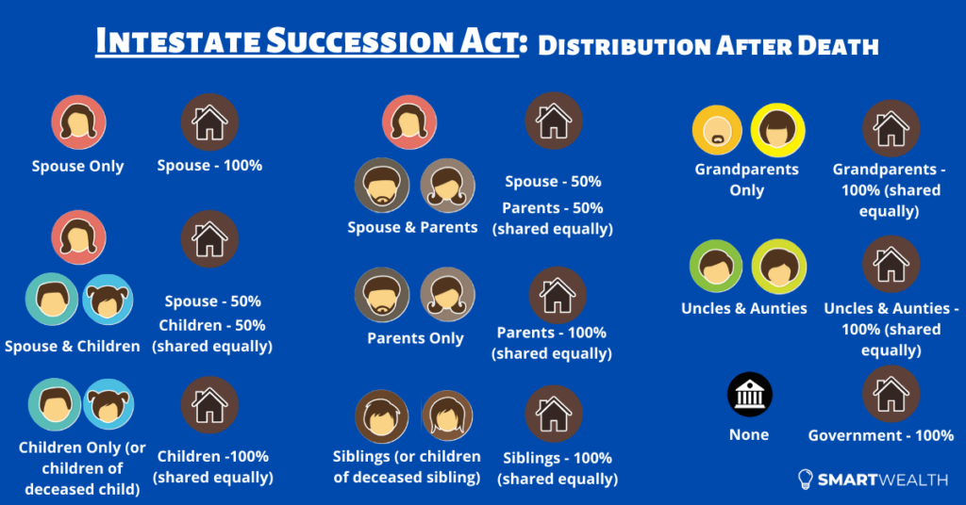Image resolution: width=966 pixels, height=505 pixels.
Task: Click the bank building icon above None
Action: coord(749,395)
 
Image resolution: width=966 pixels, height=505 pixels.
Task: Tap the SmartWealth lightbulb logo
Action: coord(806,480)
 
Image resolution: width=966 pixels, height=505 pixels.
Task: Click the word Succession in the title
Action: coord(391,41)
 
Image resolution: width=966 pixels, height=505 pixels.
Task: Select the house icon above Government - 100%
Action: coord(891,394)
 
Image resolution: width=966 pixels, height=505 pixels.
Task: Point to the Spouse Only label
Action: coord(77,166)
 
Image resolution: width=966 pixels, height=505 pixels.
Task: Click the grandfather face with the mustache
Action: coord(717,130)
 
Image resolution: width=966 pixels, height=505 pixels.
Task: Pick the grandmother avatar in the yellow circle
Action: coord(777,130)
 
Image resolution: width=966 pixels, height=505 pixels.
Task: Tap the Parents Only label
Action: coord(415,338)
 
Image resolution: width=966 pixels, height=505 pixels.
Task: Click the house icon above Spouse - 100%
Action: coord(209,122)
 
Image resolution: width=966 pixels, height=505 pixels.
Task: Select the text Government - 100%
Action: coord(881,435)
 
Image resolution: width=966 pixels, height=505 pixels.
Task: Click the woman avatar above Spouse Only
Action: coord(78,122)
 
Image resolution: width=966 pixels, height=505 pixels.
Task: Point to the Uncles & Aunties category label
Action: coord(744,308)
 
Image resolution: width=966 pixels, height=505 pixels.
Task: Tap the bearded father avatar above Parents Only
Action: coord(382,295)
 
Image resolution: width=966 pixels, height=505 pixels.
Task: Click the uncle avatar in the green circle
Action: coord(716,267)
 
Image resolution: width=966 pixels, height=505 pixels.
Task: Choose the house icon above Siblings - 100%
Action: coord(553,414)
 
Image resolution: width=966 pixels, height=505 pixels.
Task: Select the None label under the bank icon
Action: coord(749,435)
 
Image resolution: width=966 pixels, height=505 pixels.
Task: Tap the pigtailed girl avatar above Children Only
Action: coord(108,404)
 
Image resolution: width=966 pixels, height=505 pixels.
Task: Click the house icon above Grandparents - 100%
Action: coord(891,128)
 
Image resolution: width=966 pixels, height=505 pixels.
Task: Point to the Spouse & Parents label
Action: coord(412,228)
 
